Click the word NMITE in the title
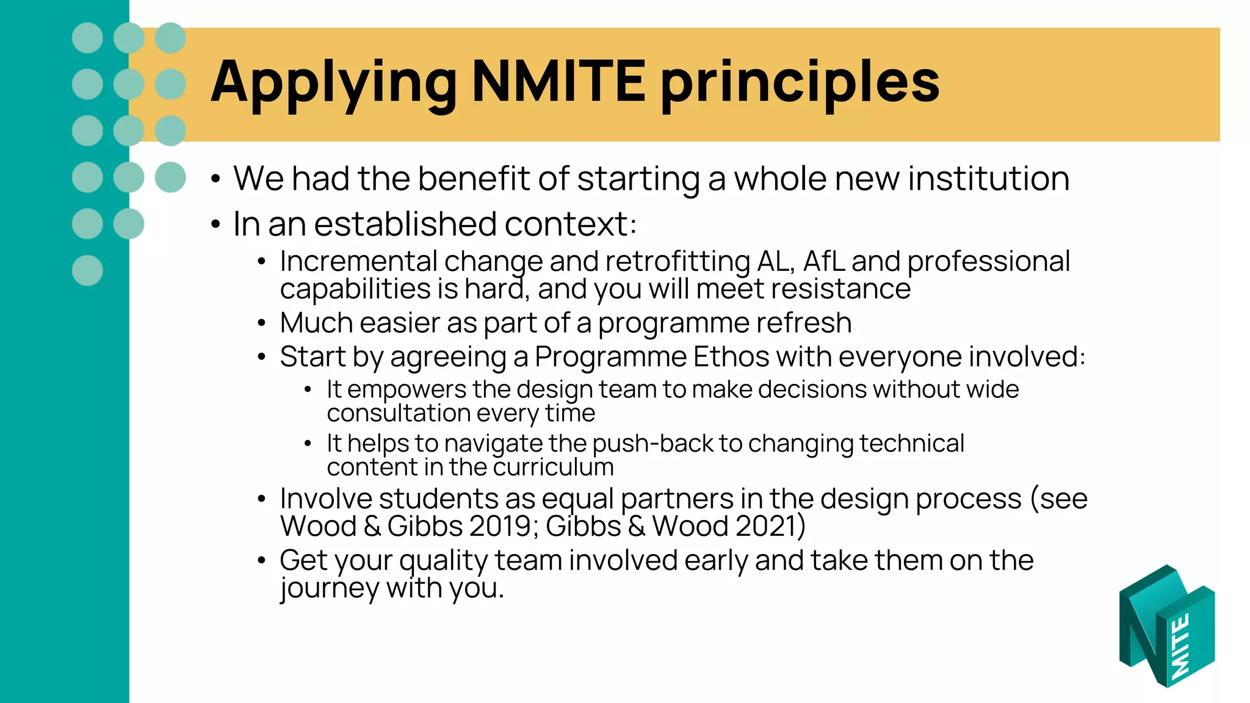click(558, 81)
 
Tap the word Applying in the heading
click(333, 82)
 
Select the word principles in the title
click(800, 82)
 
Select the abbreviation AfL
click(823, 261)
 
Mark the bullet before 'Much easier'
click(261, 323)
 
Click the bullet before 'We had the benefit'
click(215, 179)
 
